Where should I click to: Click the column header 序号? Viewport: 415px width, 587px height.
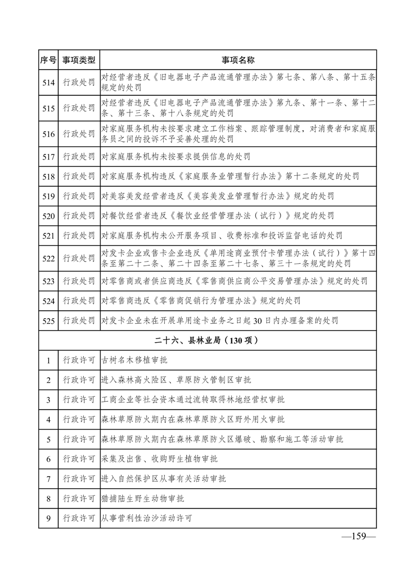[48, 60]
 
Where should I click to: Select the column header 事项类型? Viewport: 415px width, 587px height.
[79, 60]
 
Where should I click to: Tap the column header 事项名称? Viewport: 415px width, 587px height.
[238, 60]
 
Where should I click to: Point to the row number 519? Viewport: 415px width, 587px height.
[48, 196]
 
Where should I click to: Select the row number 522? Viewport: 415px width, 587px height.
[48, 258]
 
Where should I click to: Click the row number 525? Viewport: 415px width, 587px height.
[48, 320]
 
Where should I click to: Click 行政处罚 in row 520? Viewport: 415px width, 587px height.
[79, 216]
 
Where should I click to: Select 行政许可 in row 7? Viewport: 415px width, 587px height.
[79, 479]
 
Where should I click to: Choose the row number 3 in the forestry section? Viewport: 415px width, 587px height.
[48, 400]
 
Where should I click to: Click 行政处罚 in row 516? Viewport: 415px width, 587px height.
[79, 134]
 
